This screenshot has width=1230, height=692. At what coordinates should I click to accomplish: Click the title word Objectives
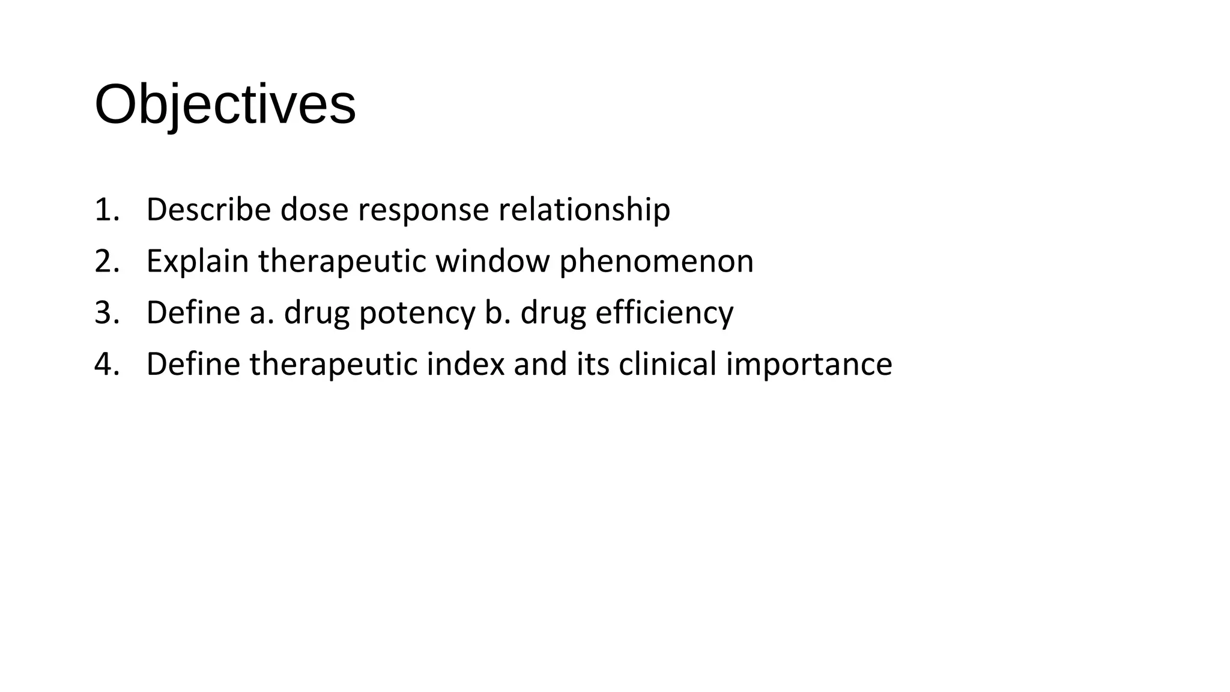(x=225, y=105)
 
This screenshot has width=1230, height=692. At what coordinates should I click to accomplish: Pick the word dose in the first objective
(x=314, y=210)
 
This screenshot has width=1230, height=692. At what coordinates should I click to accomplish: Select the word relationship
(x=584, y=210)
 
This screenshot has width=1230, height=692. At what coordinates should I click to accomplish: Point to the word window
(x=492, y=261)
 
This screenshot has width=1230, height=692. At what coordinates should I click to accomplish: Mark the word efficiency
(x=664, y=313)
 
